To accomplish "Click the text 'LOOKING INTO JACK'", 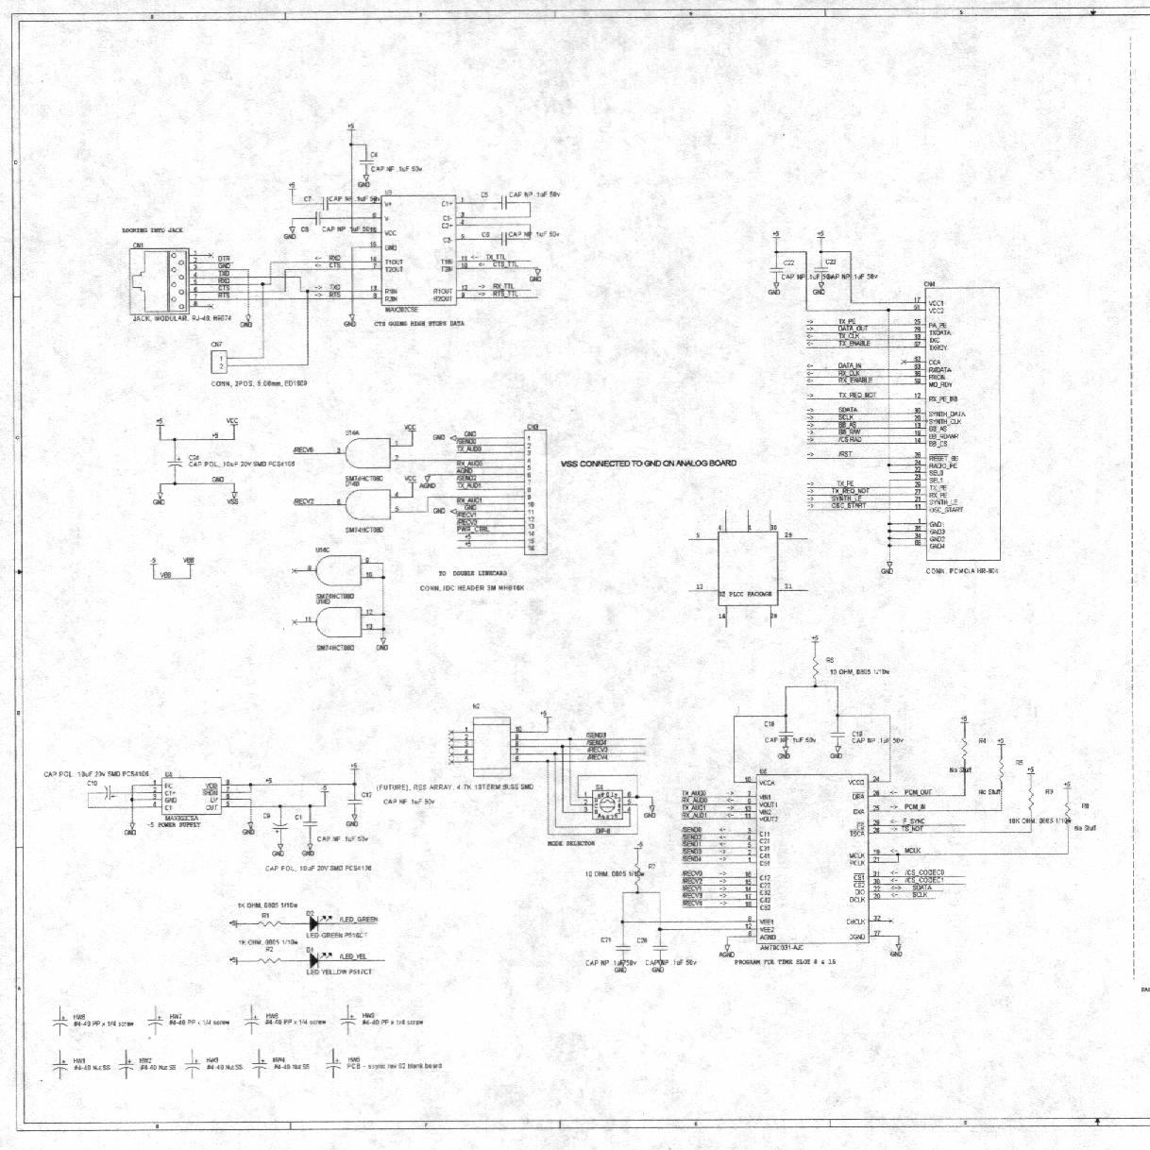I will point(153,230).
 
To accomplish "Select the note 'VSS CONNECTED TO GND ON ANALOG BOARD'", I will point(649,464).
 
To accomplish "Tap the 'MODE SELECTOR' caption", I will point(571,843).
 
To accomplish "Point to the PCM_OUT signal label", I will point(918,792).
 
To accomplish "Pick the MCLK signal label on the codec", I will point(912,851).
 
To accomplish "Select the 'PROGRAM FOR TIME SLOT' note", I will point(785,962).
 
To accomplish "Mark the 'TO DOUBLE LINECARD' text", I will point(473,573).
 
